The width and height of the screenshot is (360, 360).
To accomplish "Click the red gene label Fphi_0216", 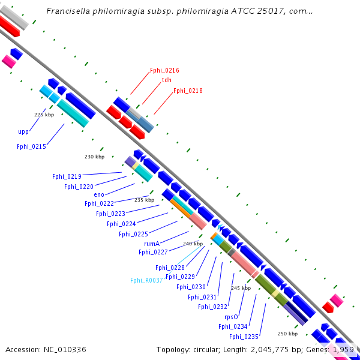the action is pyautogui.click(x=164, y=70).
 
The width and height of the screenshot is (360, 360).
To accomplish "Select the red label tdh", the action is pyautogui.click(x=167, y=80).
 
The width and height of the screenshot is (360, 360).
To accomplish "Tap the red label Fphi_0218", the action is pyautogui.click(x=188, y=91).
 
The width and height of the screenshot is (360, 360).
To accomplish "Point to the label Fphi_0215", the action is pyautogui.click(x=32, y=146).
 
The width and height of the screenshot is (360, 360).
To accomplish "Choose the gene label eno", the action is pyautogui.click(x=99, y=194).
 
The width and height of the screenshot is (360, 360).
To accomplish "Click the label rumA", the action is pyautogui.click(x=152, y=244).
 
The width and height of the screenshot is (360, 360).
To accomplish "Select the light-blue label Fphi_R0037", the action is pyautogui.click(x=146, y=280).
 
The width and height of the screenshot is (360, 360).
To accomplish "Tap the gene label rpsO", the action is pyautogui.click(x=232, y=317).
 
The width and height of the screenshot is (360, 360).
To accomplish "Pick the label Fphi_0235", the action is pyautogui.click(x=244, y=337).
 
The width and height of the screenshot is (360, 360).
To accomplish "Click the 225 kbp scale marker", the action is pyautogui.click(x=44, y=114).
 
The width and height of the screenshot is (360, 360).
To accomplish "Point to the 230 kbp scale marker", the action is pyautogui.click(x=94, y=157).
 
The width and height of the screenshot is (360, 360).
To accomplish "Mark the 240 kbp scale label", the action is pyautogui.click(x=193, y=243).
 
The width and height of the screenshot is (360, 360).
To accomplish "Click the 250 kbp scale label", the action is pyautogui.click(x=287, y=333).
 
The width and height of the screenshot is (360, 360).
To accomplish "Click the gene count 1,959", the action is pyautogui.click(x=343, y=349).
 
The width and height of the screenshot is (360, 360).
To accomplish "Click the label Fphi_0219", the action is pyautogui.click(x=67, y=176).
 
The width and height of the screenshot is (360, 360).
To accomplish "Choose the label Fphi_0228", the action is pyautogui.click(x=170, y=268).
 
